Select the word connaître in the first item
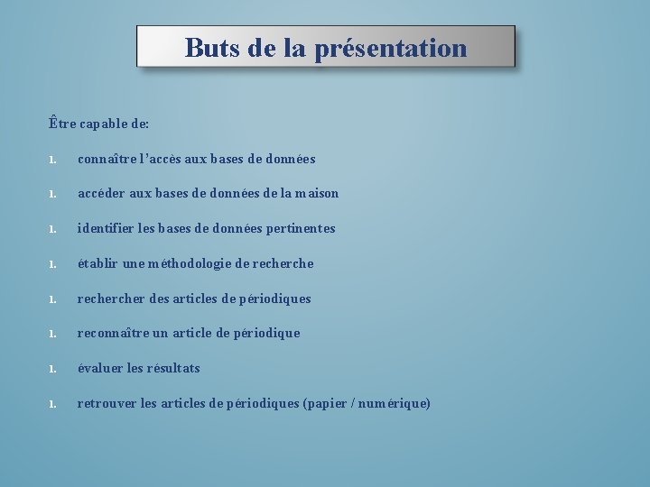(107, 159)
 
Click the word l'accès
(160, 159)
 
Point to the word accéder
(102, 193)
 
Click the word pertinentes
(301, 228)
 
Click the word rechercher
(108, 299)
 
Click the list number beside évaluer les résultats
(54, 369)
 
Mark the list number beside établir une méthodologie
(54, 264)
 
